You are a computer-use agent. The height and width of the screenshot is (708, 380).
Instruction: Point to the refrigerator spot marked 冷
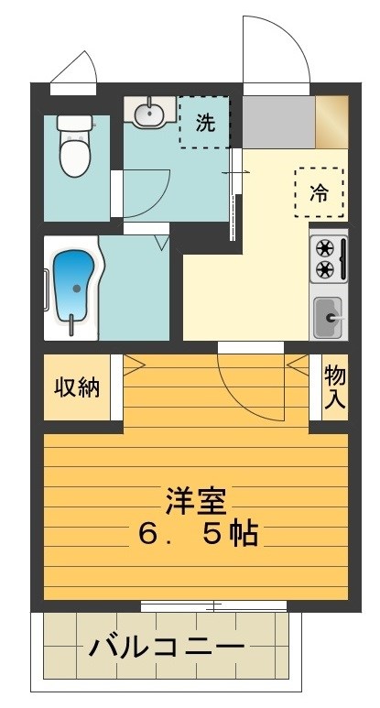coord(319,192)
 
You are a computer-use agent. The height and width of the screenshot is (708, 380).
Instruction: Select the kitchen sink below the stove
coord(327,317)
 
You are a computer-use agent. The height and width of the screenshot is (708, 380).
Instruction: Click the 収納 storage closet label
coord(76,387)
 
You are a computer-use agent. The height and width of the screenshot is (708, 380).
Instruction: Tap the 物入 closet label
coord(334,387)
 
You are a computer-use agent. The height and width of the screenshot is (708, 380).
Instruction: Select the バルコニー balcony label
coord(167,648)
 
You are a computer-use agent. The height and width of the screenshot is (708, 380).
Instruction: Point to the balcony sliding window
coord(213,605)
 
